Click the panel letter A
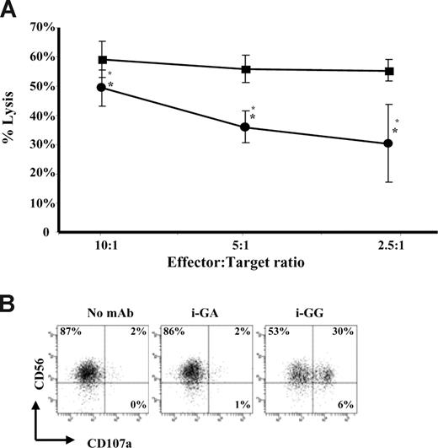11,11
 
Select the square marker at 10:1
102,60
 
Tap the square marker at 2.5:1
388,71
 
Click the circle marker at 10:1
102,87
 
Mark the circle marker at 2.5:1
388,143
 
